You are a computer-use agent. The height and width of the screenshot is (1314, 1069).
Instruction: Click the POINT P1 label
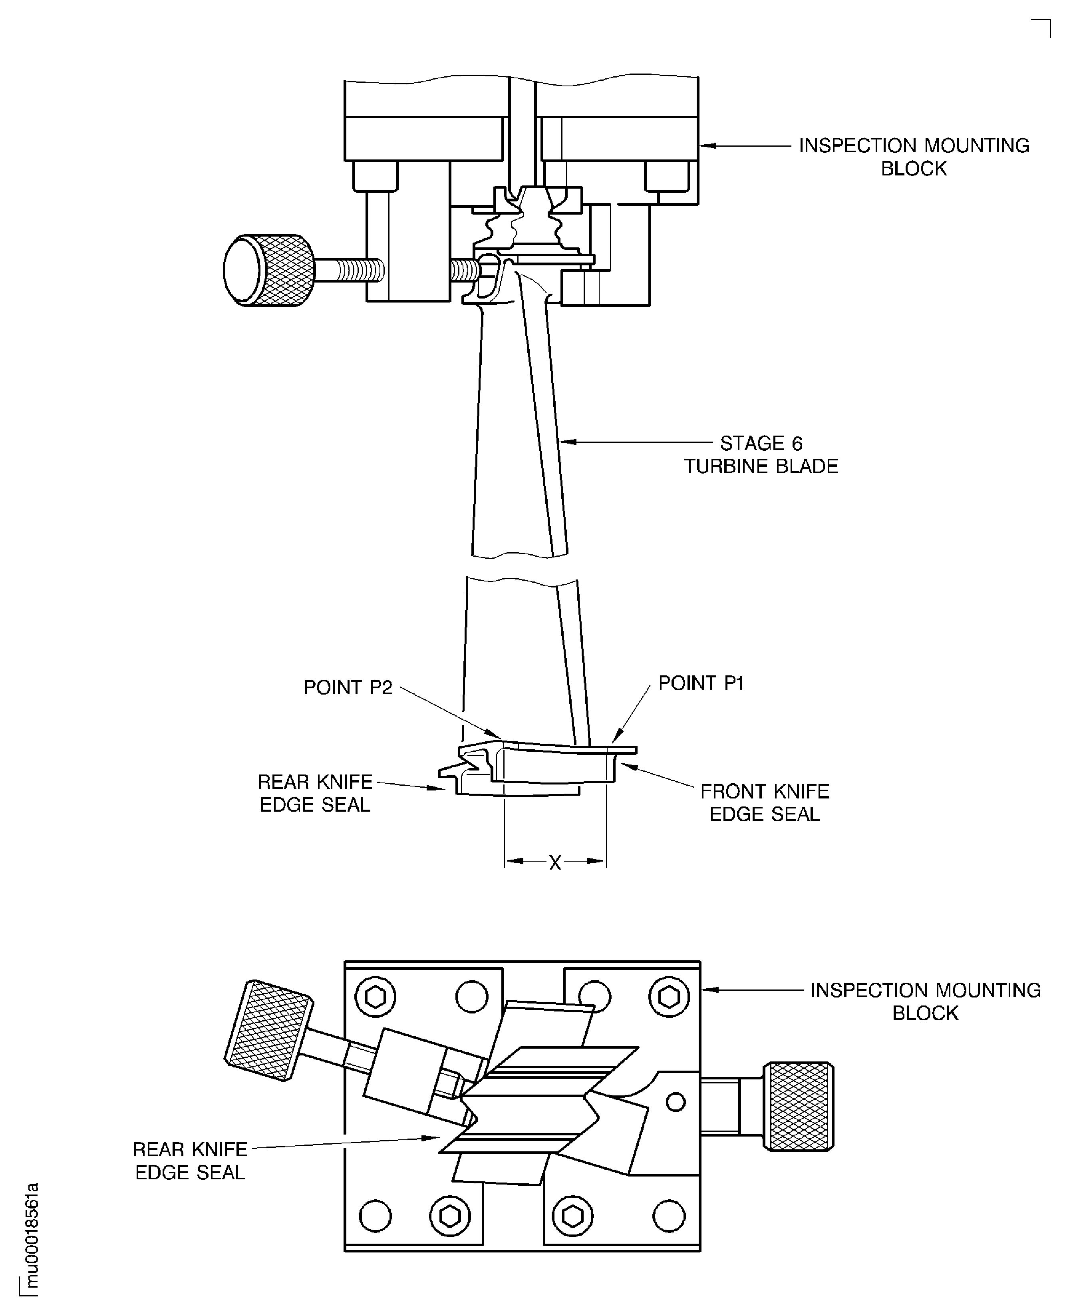[x=701, y=683]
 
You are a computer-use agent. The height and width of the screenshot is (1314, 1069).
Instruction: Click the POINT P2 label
[x=348, y=687]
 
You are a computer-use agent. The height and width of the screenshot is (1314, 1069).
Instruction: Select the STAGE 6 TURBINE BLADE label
[x=761, y=455]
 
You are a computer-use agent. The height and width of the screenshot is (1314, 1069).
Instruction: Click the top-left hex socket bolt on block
[x=376, y=996]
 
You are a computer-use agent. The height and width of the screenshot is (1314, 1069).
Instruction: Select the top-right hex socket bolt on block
[x=670, y=996]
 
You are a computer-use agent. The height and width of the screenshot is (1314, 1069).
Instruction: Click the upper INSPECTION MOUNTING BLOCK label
[x=914, y=157]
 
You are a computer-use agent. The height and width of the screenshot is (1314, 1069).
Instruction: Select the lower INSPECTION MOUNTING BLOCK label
[x=925, y=1001]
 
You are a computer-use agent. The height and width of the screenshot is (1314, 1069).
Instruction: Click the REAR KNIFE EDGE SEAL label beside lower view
[x=190, y=1161]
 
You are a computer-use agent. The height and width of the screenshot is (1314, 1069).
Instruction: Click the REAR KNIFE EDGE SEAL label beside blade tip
[x=315, y=793]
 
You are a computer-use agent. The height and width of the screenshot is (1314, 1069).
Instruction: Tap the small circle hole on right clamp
[x=676, y=1102]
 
